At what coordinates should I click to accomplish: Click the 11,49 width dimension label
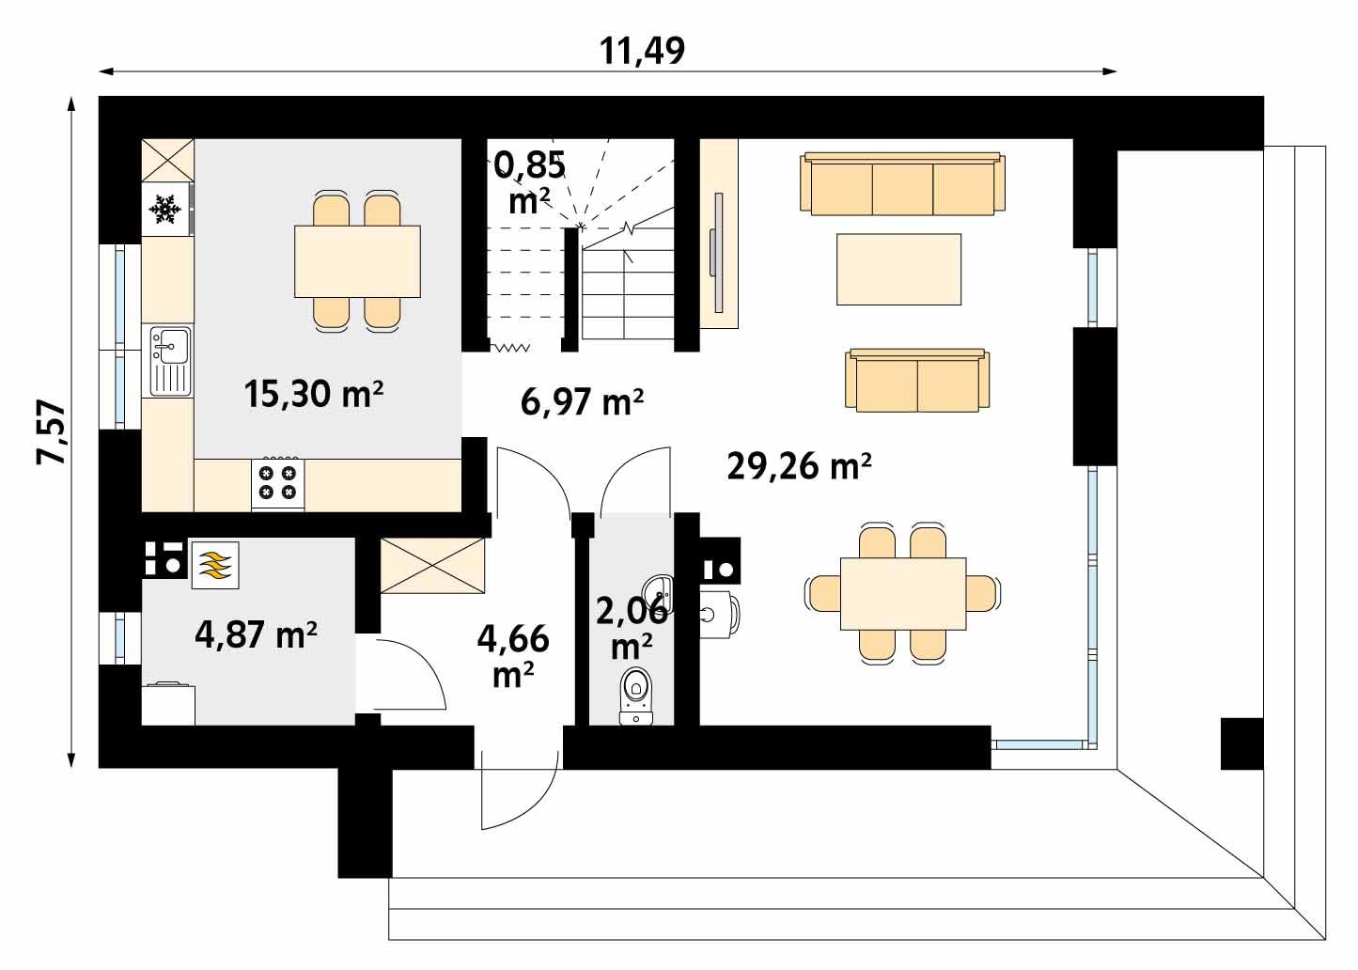pos(644,51)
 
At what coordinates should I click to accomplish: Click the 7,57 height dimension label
pos(52,432)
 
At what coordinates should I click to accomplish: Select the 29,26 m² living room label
pos(800,465)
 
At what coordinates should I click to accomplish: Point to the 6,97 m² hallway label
pos(582,401)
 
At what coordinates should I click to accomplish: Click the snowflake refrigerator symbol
pos(166,209)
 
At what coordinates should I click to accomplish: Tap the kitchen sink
pos(169,359)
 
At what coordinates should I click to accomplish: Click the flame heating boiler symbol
pos(216,565)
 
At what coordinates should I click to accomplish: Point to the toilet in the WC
pos(636,696)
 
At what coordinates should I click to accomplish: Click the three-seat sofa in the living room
pos(902,184)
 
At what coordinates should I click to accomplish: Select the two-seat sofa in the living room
pos(917,381)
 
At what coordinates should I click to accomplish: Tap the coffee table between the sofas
pos(898,269)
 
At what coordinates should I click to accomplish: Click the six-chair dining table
pos(902,594)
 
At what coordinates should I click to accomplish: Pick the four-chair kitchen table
pos(357,261)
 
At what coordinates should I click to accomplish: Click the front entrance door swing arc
pos(517,794)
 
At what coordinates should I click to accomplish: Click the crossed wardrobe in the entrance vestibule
pos(432,566)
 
